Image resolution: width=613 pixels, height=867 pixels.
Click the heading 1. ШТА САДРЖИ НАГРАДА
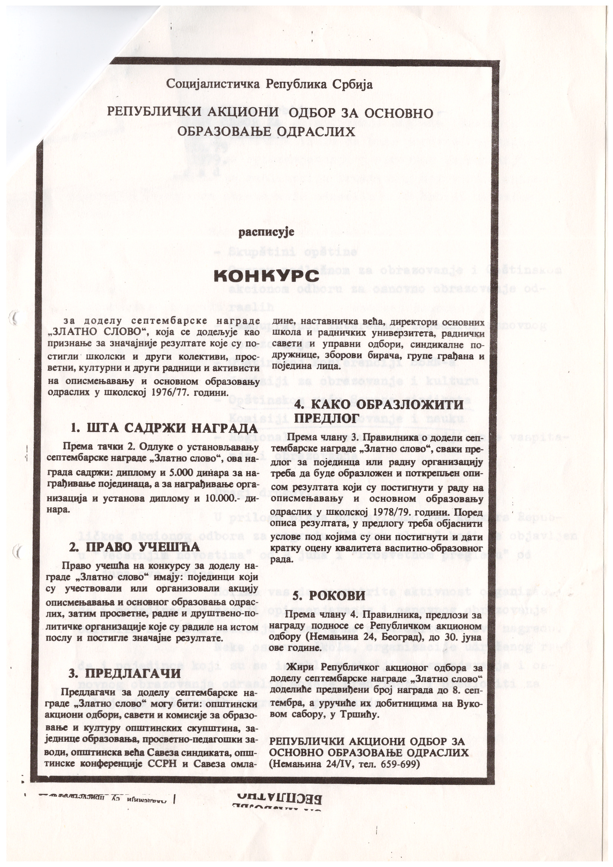click(164, 428)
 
